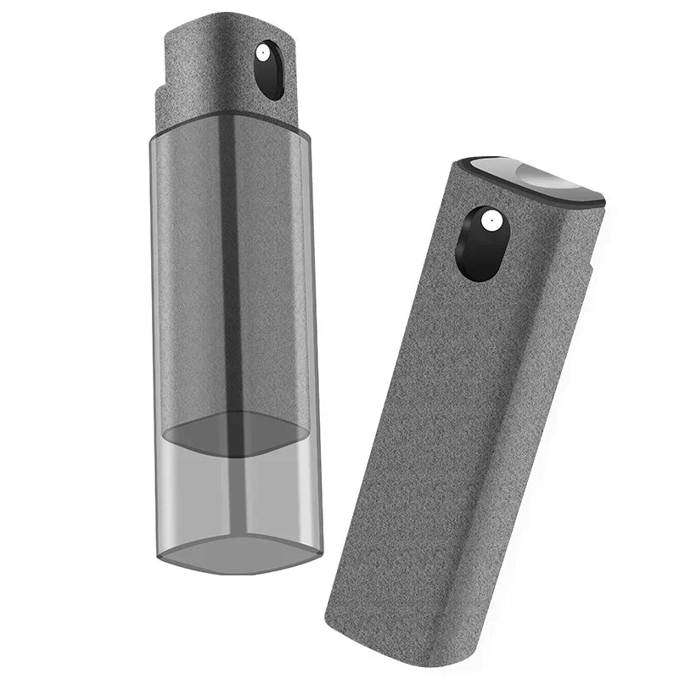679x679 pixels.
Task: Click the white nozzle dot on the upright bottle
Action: tap(262, 53)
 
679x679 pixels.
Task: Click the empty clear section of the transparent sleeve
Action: tap(238, 492)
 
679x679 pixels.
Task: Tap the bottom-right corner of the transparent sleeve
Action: tap(320, 552)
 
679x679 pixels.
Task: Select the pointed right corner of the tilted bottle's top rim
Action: tap(603, 201)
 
